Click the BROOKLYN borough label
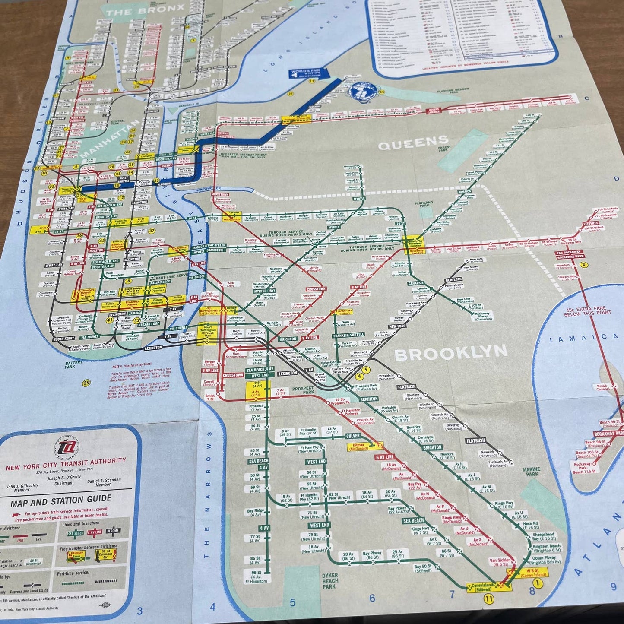point(451,353)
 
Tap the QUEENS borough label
point(413,143)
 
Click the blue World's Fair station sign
point(308,73)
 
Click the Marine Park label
point(531,472)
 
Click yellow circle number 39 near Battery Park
point(87,383)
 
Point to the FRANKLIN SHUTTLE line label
point(348,335)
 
